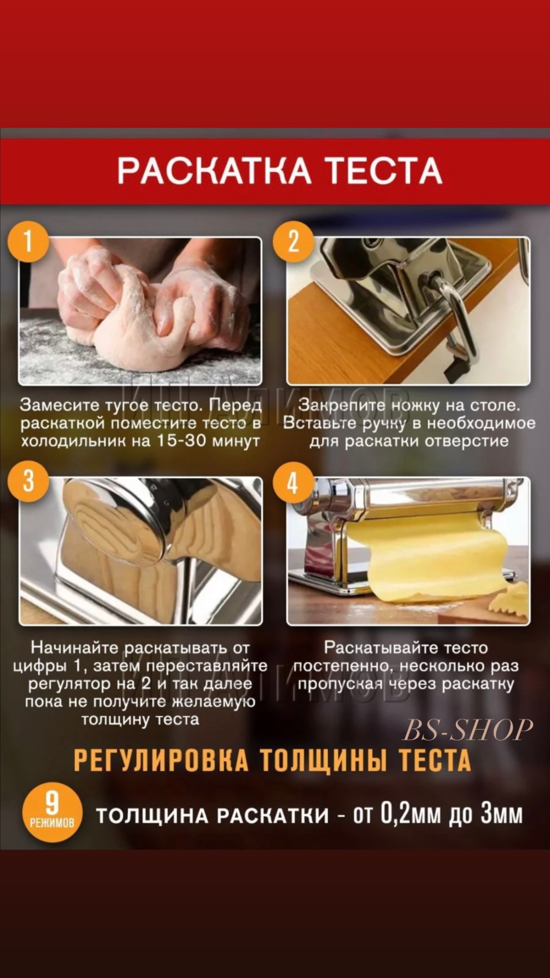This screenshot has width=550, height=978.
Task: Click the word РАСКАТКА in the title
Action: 214,171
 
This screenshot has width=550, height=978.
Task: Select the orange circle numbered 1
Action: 29,241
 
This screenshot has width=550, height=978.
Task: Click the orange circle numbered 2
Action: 293,241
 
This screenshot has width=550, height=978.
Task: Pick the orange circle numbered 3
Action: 29,481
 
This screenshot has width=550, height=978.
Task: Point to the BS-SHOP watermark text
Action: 468,729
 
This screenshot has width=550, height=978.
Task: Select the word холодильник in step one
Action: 73,440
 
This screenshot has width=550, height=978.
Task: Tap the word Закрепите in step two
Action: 342,405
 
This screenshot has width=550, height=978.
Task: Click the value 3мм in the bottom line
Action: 502,814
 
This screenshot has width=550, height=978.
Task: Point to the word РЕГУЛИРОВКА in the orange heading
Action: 161,760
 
